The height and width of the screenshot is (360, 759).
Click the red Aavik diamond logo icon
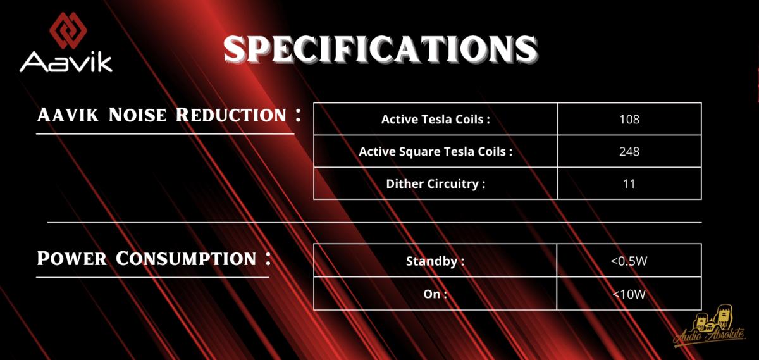click(x=68, y=30)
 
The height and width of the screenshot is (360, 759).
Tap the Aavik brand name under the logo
click(x=66, y=63)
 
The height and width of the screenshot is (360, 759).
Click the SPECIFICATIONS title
click(x=381, y=49)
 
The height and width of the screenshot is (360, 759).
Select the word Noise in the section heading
click(x=138, y=115)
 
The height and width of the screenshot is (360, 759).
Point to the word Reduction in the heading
click(x=231, y=115)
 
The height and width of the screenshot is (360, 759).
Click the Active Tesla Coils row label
click(x=435, y=120)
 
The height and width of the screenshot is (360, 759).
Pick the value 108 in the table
click(x=629, y=120)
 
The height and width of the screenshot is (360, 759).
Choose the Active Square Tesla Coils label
click(x=435, y=151)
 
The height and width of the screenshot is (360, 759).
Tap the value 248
click(x=629, y=151)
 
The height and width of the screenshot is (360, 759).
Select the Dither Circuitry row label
click(x=435, y=183)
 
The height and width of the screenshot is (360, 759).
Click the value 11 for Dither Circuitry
click(x=629, y=183)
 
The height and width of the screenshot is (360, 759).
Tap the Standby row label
click(x=435, y=261)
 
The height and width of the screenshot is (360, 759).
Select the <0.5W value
click(x=629, y=261)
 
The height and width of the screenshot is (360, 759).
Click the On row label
click(x=435, y=294)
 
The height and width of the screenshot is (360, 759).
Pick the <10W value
click(x=629, y=294)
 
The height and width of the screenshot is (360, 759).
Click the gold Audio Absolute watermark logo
click(x=710, y=326)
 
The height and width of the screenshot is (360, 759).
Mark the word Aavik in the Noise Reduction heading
click(x=68, y=115)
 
